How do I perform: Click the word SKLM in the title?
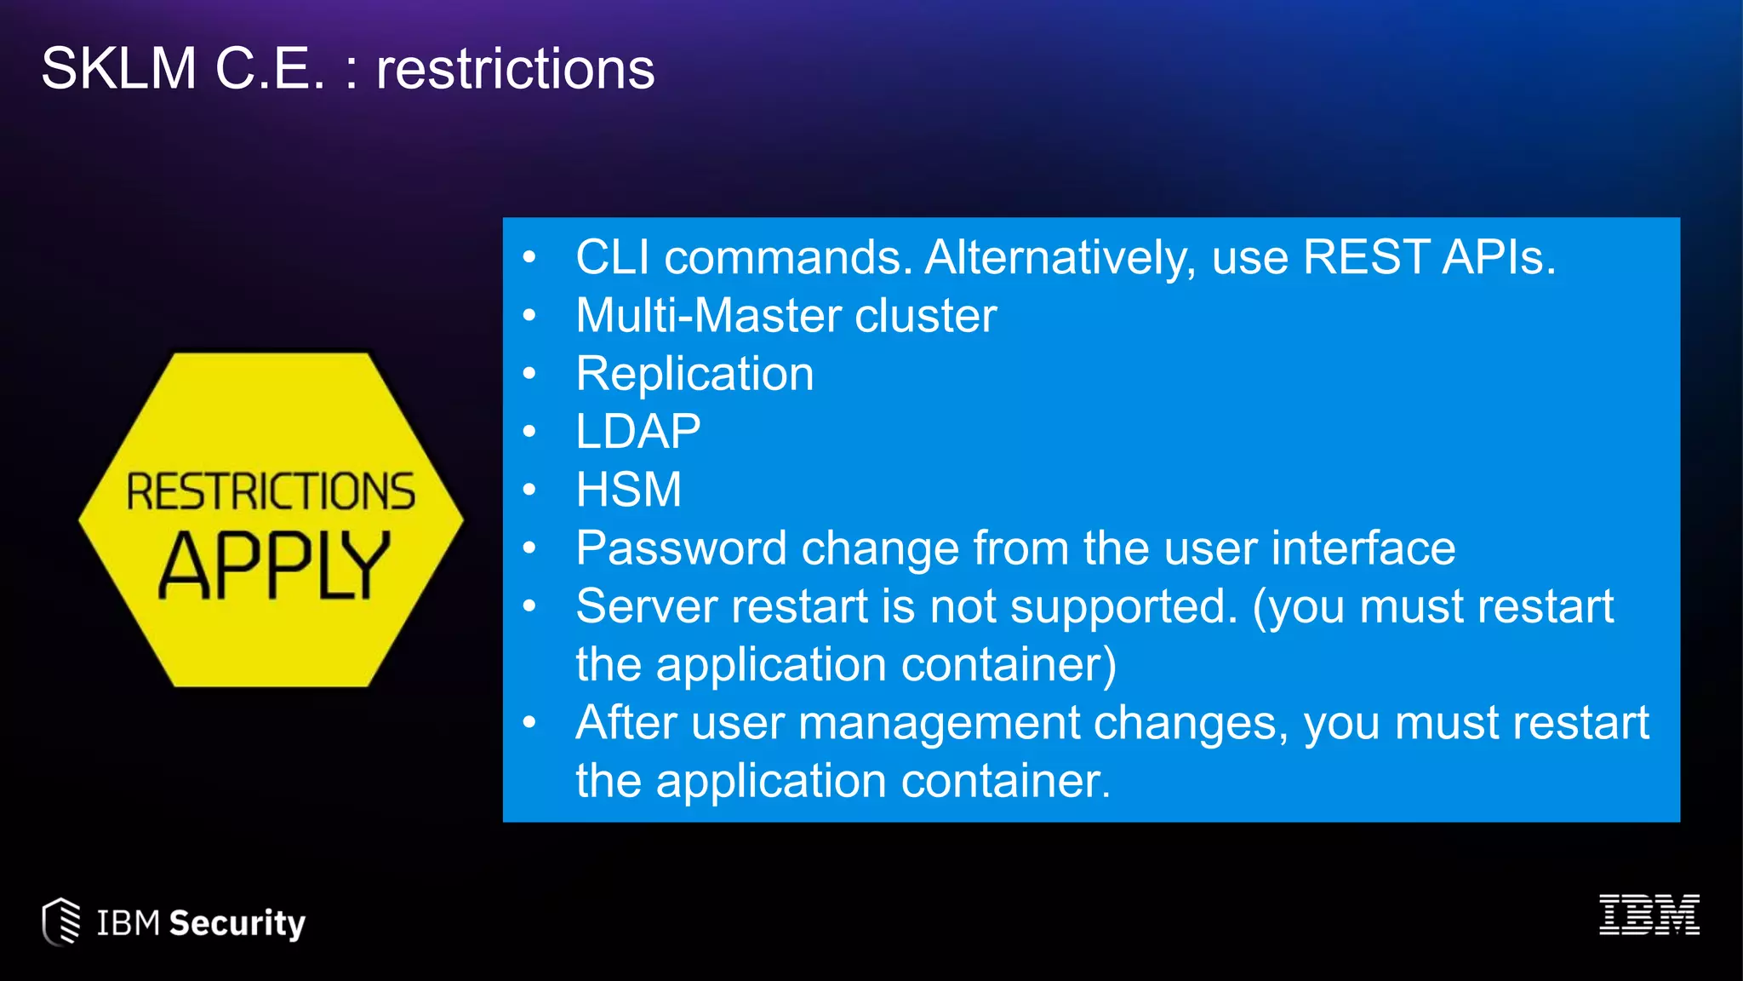(x=119, y=68)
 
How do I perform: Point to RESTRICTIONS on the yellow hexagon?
(x=271, y=491)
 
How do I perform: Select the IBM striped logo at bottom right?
(x=1649, y=915)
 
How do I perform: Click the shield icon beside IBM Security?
(x=61, y=921)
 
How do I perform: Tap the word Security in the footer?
(x=237, y=923)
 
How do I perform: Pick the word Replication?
(x=694, y=373)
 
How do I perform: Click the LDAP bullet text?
(x=638, y=431)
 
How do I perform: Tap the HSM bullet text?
(x=629, y=490)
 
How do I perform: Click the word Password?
(x=681, y=548)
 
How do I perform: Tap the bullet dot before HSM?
(x=529, y=490)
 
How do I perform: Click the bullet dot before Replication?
(x=529, y=373)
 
